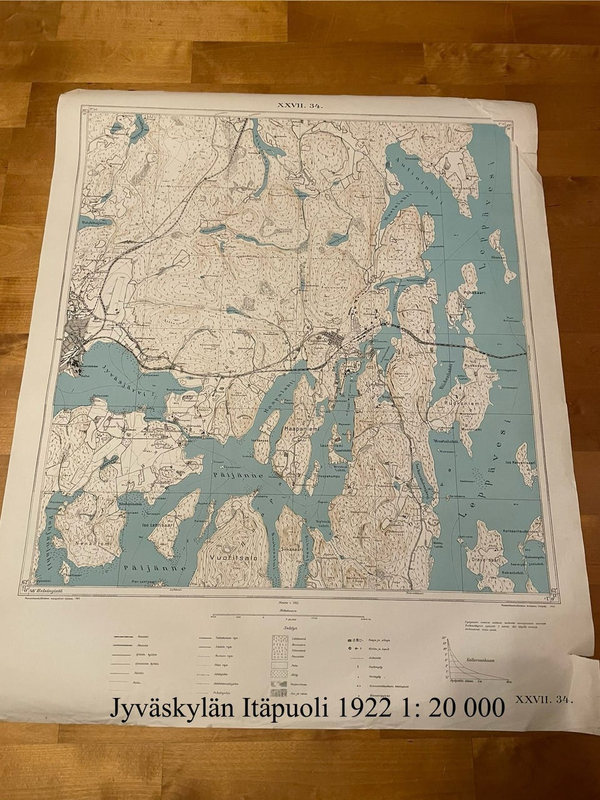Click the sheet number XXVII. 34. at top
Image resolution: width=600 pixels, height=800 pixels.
point(300,106)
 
